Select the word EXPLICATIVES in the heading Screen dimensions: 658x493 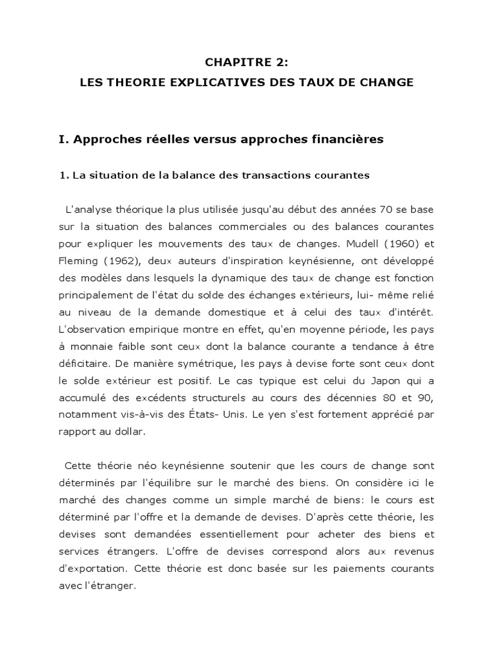[194, 82]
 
